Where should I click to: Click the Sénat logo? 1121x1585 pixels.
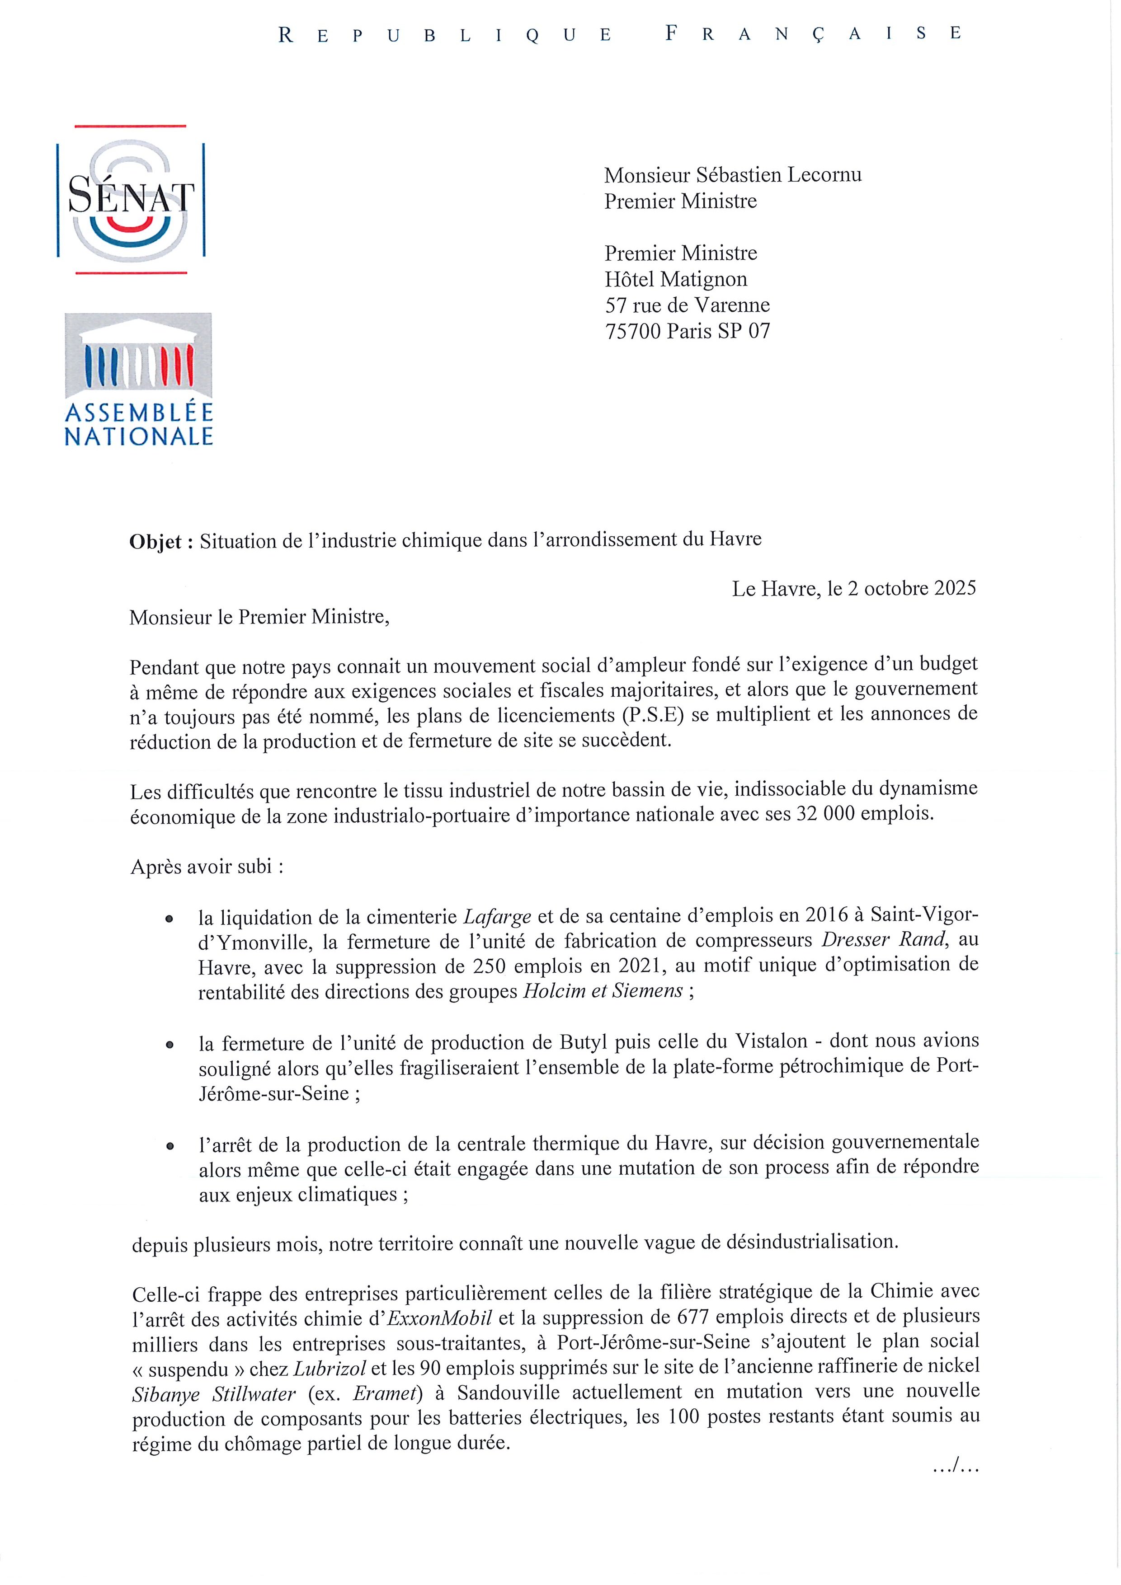pyautogui.click(x=131, y=200)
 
